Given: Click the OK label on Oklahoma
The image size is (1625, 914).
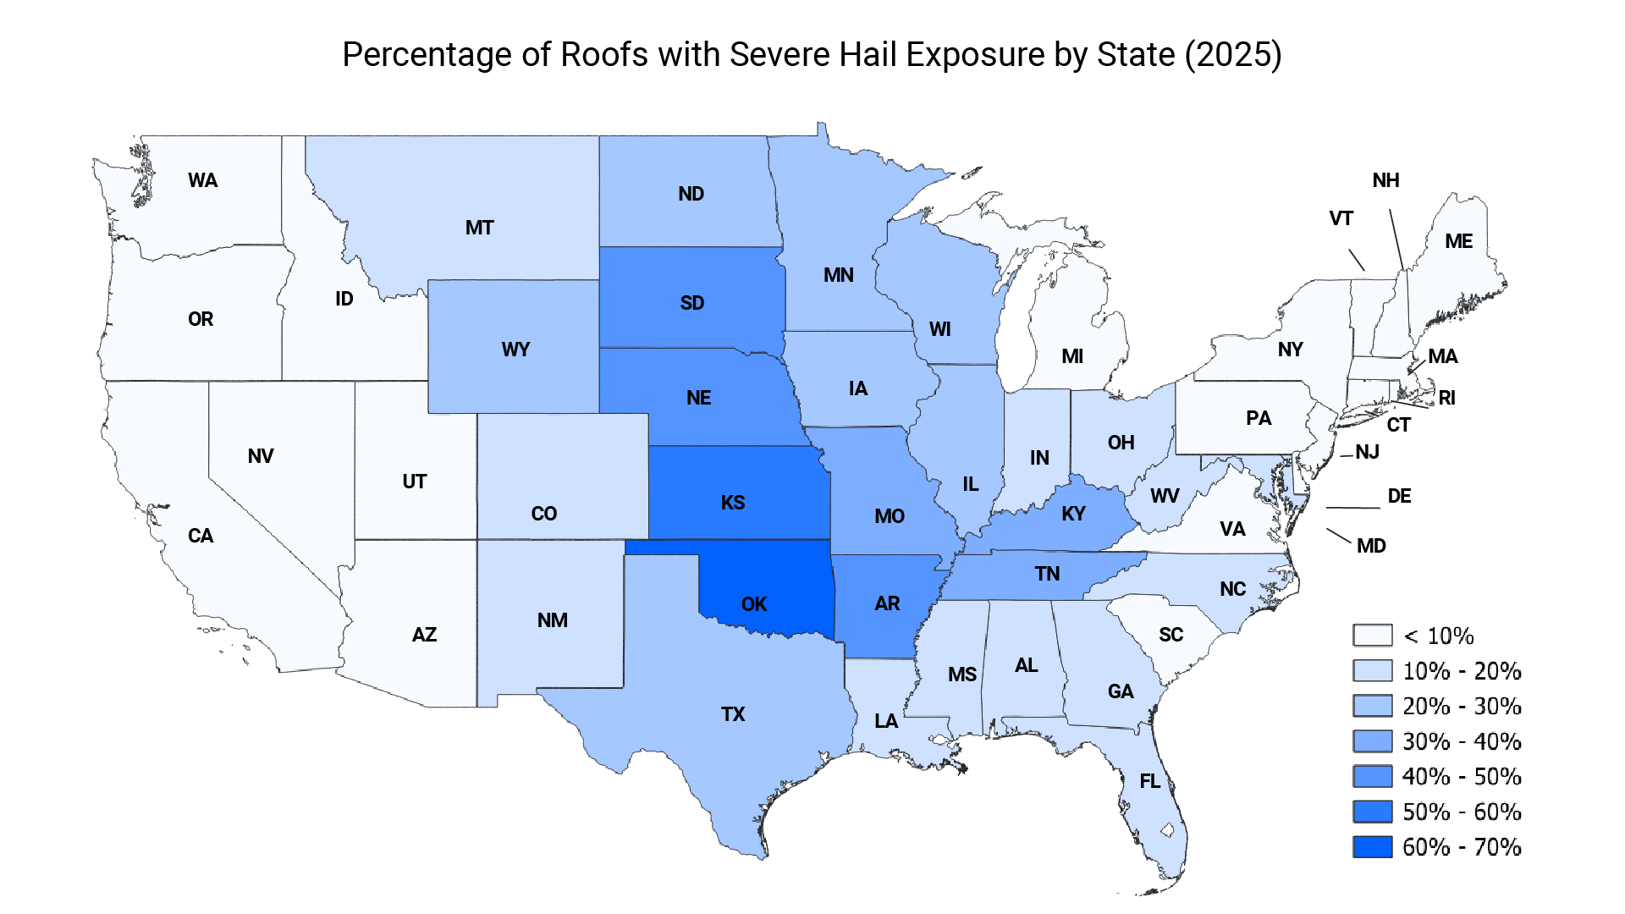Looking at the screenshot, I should [753, 604].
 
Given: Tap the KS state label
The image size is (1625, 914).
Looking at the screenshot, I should [733, 503].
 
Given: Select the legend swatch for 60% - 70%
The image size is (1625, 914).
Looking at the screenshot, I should [1372, 847].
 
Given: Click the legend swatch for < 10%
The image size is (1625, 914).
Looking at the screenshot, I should [1372, 636].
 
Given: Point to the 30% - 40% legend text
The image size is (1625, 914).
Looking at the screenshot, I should [1462, 741].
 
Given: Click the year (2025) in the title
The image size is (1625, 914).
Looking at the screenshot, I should [1232, 55].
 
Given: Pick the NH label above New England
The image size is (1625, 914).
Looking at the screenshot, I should [1385, 180].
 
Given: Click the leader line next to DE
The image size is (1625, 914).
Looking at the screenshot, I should [1352, 508].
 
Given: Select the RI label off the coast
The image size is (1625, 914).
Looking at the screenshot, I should [1446, 398].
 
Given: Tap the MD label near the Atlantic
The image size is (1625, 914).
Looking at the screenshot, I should [1371, 546].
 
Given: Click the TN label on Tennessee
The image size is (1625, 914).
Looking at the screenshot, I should [1047, 574].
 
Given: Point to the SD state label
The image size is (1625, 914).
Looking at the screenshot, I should [691, 303].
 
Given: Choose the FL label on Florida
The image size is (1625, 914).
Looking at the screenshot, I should [1149, 781].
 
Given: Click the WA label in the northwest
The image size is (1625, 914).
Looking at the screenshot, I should [202, 180].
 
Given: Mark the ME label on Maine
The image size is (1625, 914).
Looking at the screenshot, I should [1458, 241].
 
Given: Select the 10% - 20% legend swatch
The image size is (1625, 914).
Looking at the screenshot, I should [1372, 671].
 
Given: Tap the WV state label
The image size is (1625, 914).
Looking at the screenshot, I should [1165, 496].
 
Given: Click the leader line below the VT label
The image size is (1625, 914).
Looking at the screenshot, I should [1356, 260].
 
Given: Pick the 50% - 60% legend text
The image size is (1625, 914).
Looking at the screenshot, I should [1462, 812].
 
